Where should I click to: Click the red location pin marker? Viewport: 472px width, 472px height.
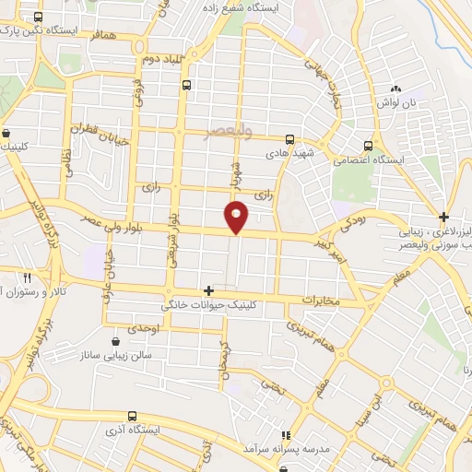(237, 216)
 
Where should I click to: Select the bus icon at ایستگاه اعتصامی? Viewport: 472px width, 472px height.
(369, 146)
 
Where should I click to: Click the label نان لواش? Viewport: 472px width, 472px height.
(398, 102)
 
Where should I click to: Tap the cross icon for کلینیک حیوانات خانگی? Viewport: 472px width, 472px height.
(209, 290)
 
